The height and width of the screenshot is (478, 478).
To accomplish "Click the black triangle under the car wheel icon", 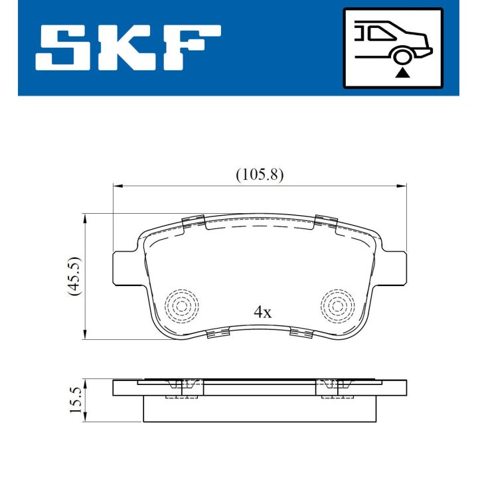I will coord(401,73).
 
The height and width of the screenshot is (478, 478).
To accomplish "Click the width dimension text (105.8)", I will coord(260,175).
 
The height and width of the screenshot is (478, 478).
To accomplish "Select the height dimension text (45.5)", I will coord(74,276).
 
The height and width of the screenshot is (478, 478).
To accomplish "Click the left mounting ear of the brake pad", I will coord(125,265).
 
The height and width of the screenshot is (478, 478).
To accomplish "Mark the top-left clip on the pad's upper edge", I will coord(193,222).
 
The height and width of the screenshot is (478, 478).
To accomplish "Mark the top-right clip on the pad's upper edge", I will coord(327,222).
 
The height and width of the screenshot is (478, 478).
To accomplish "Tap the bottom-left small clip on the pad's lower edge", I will coord(216,333).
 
